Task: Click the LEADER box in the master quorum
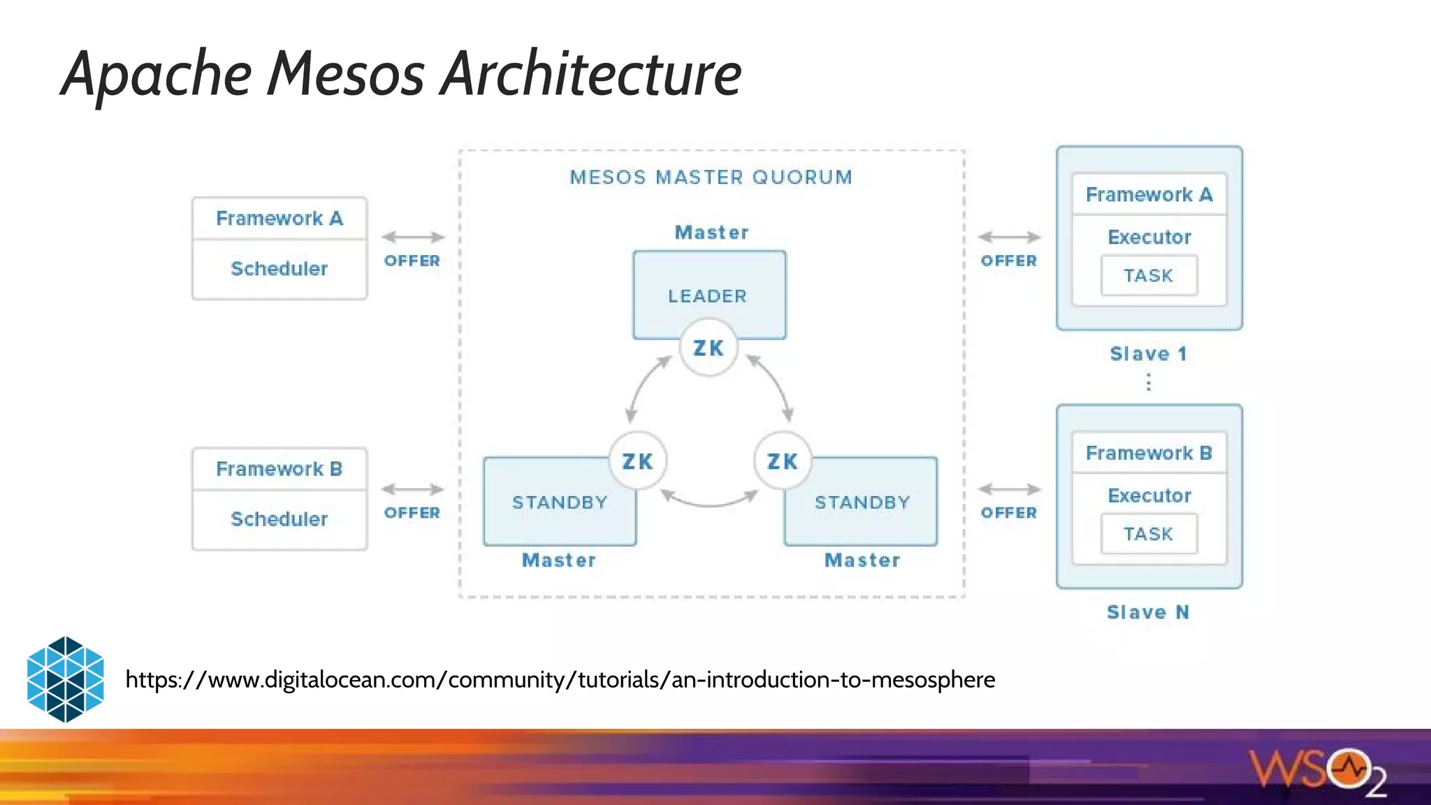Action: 709,287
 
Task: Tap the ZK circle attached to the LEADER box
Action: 709,347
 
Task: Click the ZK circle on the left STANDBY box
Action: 637,460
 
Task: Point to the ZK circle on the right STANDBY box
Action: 782,460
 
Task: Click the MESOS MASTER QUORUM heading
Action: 711,177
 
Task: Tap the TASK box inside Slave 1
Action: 1148,275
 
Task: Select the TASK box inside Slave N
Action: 1148,534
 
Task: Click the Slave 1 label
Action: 1148,354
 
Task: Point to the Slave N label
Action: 1147,612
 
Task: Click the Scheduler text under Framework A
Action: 279,269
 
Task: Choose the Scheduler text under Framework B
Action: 279,519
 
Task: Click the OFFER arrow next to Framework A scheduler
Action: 413,238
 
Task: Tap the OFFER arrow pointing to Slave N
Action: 1009,489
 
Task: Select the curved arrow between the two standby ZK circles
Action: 709,500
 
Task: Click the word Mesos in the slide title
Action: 345,73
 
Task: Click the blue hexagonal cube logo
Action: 65,679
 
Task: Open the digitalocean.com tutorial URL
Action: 560,679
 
